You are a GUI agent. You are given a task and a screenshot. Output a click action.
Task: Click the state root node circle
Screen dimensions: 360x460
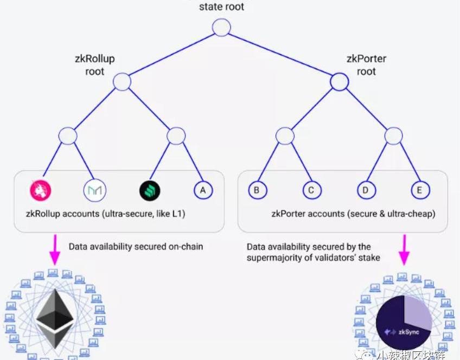tap(221, 27)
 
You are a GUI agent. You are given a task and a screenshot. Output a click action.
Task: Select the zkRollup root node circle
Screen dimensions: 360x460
tap(122, 82)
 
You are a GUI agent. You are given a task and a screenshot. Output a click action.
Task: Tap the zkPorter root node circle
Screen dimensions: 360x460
tap(339, 82)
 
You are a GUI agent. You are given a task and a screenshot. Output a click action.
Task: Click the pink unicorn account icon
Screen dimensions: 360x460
tap(40, 190)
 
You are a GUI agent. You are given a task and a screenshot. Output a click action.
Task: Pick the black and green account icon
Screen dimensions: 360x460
tap(149, 190)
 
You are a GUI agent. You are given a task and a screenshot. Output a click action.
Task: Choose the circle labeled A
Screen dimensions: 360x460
tap(203, 190)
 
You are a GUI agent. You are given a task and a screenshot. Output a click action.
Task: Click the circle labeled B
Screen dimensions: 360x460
tap(257, 190)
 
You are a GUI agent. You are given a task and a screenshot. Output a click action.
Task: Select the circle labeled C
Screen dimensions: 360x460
tap(311, 190)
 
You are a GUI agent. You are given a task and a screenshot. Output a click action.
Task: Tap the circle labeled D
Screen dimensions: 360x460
tap(366, 190)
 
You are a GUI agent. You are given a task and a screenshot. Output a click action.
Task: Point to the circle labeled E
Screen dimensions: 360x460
tap(420, 190)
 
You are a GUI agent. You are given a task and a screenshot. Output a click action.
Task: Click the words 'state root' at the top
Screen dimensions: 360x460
tap(221, 7)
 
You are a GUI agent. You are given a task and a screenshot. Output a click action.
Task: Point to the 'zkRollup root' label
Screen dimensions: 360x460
tap(94, 65)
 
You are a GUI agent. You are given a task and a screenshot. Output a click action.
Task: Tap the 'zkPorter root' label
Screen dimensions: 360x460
tap(366, 65)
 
